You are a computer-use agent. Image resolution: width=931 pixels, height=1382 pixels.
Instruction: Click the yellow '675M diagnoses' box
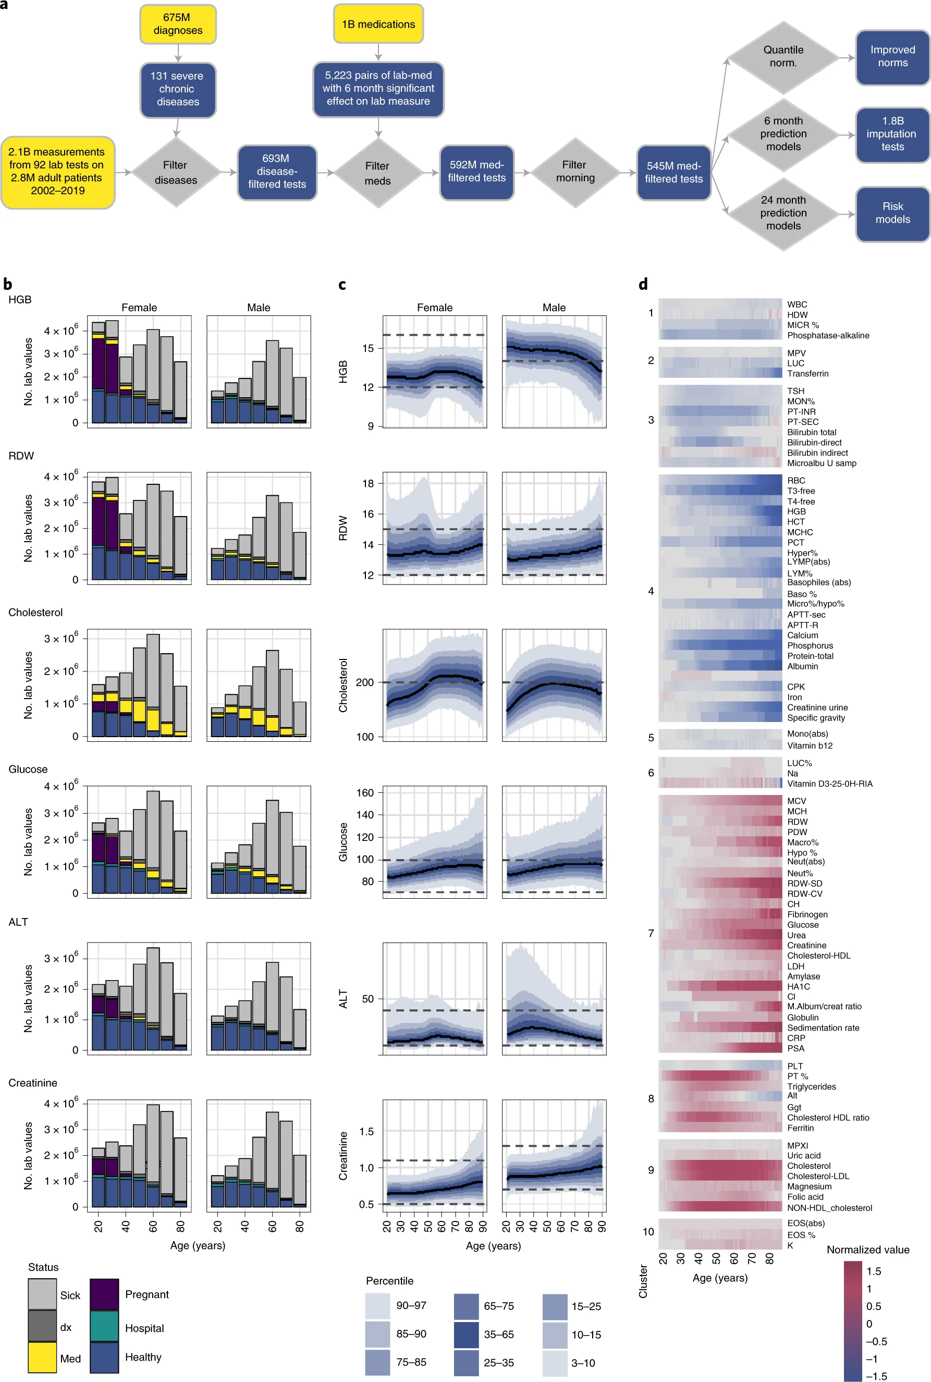[x=178, y=25]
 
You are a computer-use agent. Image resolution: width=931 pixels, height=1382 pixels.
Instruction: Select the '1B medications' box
[x=378, y=25]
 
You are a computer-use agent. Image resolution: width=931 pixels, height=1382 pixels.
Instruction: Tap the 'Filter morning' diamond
[x=575, y=172]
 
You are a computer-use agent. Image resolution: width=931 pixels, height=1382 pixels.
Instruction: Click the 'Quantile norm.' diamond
[x=783, y=57]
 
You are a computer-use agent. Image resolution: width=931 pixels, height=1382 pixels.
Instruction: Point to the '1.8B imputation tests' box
[x=892, y=134]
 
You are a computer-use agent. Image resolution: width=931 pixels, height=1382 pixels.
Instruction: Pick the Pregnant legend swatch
[x=104, y=1294]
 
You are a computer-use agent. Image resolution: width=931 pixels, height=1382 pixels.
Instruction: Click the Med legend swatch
[x=42, y=1358]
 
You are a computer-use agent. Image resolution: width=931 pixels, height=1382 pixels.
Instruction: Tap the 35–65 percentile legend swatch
[x=466, y=1335]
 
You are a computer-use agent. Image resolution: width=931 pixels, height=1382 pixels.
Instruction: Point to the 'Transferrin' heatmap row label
[x=807, y=374]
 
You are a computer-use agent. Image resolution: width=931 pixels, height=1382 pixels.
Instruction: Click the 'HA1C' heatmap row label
[x=798, y=987]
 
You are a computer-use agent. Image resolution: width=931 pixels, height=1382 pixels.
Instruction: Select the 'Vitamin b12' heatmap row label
[x=809, y=745]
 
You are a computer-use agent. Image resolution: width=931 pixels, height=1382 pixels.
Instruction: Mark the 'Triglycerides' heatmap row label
[x=811, y=1086]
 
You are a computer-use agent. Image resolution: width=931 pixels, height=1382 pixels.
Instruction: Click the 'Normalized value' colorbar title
[x=867, y=1250]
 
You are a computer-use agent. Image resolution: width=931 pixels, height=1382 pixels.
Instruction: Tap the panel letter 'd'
[x=643, y=284]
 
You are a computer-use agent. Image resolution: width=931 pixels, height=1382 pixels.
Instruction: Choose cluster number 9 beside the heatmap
[x=651, y=1170]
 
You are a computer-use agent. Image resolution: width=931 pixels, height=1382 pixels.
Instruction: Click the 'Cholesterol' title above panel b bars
[x=35, y=613]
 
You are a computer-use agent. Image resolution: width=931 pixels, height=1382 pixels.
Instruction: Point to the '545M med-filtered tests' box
[x=673, y=173]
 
